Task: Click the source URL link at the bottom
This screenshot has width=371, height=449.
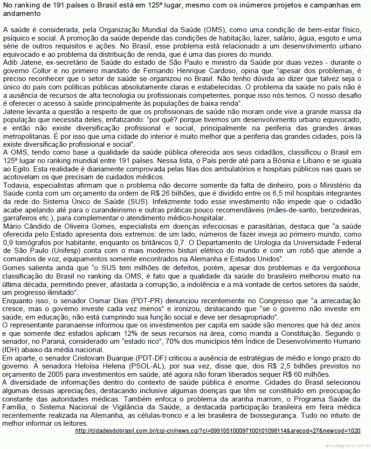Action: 218,431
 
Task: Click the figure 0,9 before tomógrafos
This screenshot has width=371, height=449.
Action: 8,243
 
